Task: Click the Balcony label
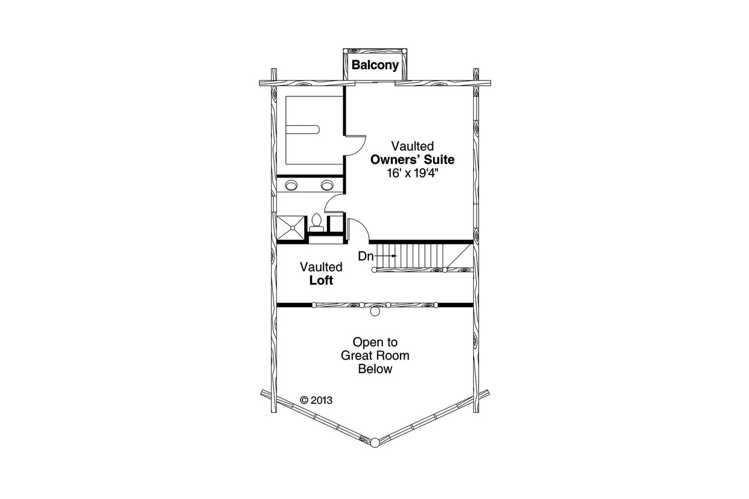(x=375, y=65)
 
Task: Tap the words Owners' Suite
(x=413, y=160)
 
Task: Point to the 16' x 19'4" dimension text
(x=413, y=174)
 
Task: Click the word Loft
(x=321, y=280)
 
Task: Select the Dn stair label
(x=365, y=256)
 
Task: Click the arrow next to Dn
(x=386, y=256)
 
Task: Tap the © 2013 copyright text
(x=316, y=400)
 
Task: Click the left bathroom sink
(x=291, y=185)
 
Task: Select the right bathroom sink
(x=327, y=185)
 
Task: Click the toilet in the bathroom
(x=316, y=222)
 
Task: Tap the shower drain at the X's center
(x=292, y=228)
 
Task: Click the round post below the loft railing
(x=374, y=311)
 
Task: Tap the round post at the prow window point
(x=374, y=442)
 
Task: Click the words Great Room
(x=375, y=356)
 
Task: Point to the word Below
(x=375, y=369)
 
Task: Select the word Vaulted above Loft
(x=321, y=267)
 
